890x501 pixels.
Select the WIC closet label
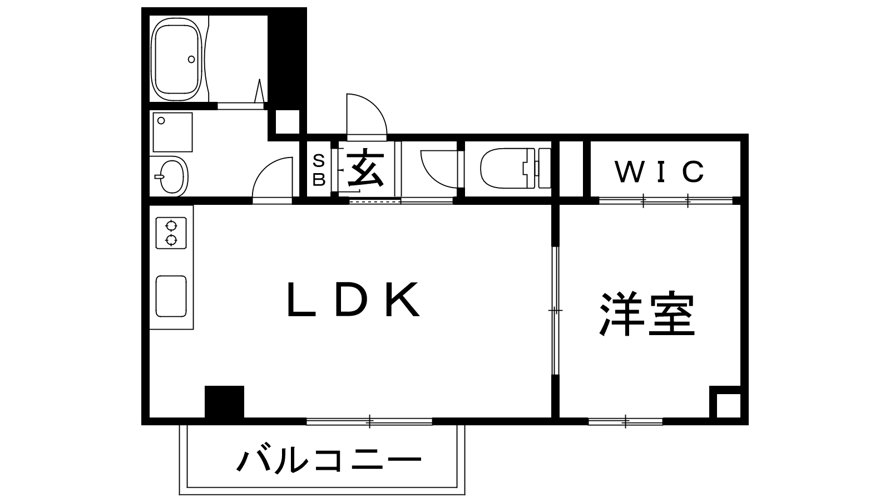tap(660, 171)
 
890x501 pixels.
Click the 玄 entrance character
tap(365, 169)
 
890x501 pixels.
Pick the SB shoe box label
tap(319, 169)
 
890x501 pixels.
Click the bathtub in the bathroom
tap(177, 58)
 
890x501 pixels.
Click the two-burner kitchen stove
tap(171, 233)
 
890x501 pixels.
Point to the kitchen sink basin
tap(171, 296)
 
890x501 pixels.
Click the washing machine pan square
tap(172, 132)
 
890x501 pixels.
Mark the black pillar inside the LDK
tap(224, 401)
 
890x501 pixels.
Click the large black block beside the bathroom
tap(286, 58)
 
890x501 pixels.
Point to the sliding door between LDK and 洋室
tap(555, 310)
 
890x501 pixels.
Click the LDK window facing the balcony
tap(369, 421)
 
